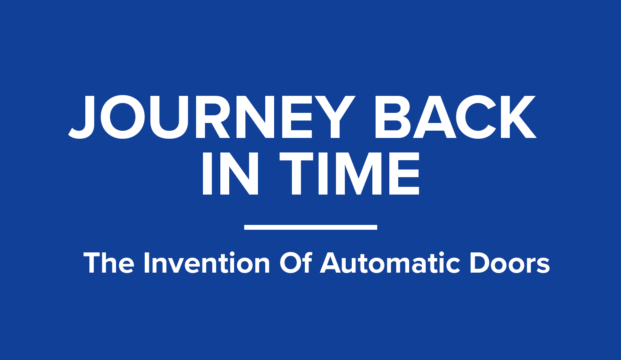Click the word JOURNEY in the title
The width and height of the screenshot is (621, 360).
pyautogui.click(x=212, y=117)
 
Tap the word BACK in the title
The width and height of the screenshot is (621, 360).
pyautogui.click(x=456, y=117)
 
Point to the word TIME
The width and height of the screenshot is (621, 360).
pyautogui.click(x=349, y=173)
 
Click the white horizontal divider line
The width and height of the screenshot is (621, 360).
pyautogui.click(x=310, y=227)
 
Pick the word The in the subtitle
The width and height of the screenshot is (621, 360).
pyautogui.click(x=109, y=263)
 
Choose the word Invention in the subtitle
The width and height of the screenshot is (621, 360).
pyautogui.click(x=207, y=263)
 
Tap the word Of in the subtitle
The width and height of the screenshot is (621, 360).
pyautogui.click(x=296, y=263)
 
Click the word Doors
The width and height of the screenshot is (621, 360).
pyautogui.click(x=510, y=263)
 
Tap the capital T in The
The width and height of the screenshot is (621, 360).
pyautogui.click(x=92, y=263)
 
